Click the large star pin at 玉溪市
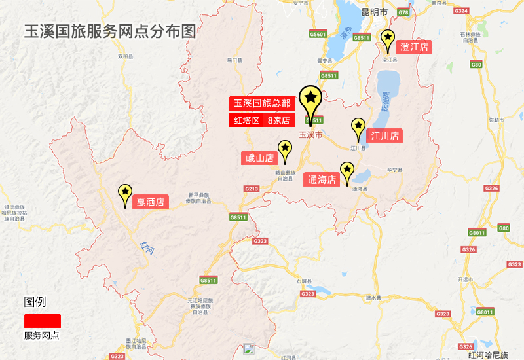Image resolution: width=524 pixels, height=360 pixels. [x=310, y=99]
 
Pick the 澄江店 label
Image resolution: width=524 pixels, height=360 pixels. [x=414, y=47]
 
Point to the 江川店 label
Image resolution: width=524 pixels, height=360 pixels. [x=384, y=136]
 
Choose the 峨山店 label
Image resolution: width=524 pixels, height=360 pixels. [x=259, y=158]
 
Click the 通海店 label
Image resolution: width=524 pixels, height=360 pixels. [x=322, y=179]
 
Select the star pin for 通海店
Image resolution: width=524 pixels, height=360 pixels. [x=346, y=171]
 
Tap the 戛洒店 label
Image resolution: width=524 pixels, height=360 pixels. [x=150, y=202]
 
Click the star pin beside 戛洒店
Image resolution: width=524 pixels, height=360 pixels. [x=124, y=192]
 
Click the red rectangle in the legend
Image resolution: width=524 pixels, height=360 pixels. [x=43, y=321]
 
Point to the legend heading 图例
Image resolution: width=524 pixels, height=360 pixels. [x=35, y=302]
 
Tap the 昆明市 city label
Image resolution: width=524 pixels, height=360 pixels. [x=375, y=12]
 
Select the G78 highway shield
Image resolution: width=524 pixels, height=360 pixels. [x=403, y=12]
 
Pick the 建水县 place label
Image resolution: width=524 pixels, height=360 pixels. [x=373, y=298]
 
